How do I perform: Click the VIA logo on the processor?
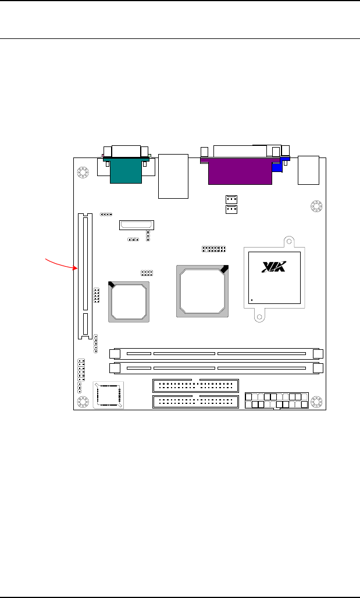point(274,267)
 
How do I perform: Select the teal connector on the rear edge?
point(126,170)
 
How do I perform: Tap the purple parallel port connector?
point(240,171)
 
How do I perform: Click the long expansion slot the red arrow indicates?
point(85,276)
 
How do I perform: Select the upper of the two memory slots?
point(216,354)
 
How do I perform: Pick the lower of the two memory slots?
point(216,368)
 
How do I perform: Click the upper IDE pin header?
point(195,385)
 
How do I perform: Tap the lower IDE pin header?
point(195,402)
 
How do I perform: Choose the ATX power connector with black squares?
point(277,400)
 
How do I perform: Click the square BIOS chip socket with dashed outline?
point(108,395)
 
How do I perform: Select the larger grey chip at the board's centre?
point(202,291)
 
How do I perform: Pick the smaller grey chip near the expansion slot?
point(129,302)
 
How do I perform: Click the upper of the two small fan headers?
point(231,199)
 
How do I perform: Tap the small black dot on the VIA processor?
point(252,300)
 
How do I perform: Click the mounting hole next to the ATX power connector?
point(316,402)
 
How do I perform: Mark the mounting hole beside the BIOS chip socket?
point(83,402)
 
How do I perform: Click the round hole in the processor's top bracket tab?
point(290,241)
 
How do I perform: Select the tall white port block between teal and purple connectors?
point(173,176)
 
